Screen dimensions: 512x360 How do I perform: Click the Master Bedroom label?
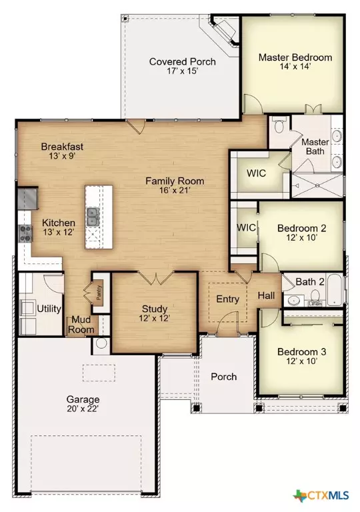pos(295,57)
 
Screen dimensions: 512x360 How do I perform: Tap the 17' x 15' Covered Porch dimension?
pos(182,73)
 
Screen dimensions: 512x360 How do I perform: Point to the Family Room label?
pos(175,181)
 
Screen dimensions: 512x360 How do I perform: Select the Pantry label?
pos(97,293)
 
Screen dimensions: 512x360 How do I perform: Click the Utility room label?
pos(49,309)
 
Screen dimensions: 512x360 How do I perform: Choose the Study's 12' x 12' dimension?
pos(154,320)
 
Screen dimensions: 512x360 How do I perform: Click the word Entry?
pos(227,299)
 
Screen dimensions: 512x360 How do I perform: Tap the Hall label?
pos(267,294)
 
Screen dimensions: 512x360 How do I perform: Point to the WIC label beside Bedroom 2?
pos(247,227)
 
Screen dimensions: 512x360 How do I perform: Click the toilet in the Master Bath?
pos(280,125)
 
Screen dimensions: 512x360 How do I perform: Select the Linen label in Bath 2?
pos(315,304)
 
